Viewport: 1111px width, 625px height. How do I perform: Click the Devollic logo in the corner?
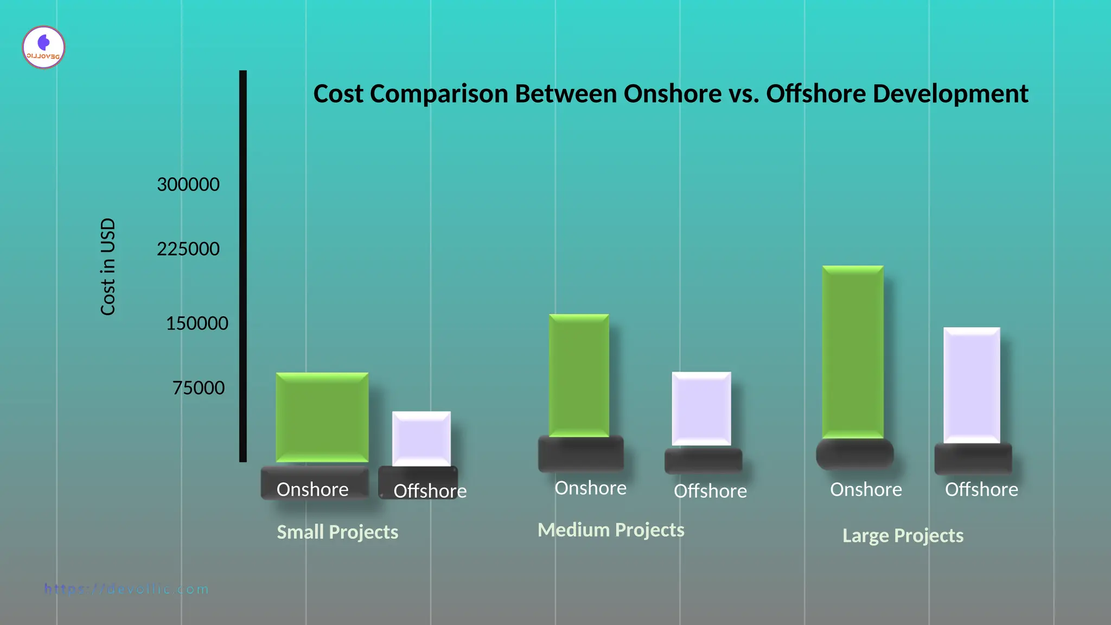pos(43,47)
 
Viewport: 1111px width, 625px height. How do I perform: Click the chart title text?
pos(671,94)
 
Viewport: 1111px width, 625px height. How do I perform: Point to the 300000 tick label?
pos(188,184)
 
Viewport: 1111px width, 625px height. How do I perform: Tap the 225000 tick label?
pos(188,249)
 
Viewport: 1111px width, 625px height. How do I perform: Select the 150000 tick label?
pos(197,323)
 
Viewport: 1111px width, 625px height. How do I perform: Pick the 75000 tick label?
pos(199,388)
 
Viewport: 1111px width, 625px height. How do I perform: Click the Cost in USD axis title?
pos(108,266)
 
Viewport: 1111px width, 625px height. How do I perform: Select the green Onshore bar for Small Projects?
pos(322,417)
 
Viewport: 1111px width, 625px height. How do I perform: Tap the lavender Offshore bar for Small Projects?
pos(422,438)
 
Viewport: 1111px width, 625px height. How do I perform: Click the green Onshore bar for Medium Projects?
pos(579,375)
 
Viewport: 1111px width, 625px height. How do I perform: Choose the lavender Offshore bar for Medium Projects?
pos(701,409)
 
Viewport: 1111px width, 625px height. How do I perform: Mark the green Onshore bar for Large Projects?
pos(853,352)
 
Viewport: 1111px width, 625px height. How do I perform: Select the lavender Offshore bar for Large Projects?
pos(972,385)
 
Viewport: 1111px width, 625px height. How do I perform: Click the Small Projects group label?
pos(337,532)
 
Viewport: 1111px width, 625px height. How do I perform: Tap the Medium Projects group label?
pos(611,530)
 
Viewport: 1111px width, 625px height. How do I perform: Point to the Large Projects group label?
pos(903,536)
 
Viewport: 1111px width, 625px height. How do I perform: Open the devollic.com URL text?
pos(126,589)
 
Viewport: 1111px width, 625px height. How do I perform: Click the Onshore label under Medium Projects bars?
pos(590,488)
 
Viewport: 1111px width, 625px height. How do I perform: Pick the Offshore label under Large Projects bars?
pos(981,490)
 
